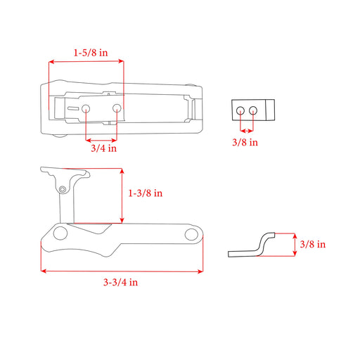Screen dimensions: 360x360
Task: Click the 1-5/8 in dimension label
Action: tap(91, 53)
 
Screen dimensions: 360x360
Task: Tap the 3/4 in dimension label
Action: tap(103, 148)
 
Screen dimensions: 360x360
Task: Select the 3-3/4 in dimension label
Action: tap(120, 282)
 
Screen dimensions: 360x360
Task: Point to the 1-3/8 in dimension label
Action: tap(146, 193)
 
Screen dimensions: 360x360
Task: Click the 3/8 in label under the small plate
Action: tap(245, 142)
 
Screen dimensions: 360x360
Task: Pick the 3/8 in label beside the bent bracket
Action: tap(313, 244)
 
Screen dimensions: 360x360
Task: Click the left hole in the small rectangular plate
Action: tap(240, 110)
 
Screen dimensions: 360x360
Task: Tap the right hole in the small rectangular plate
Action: tap(253, 110)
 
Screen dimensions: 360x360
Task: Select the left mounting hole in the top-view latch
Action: tap(86, 108)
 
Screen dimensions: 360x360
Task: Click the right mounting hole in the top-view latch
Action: tap(117, 108)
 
